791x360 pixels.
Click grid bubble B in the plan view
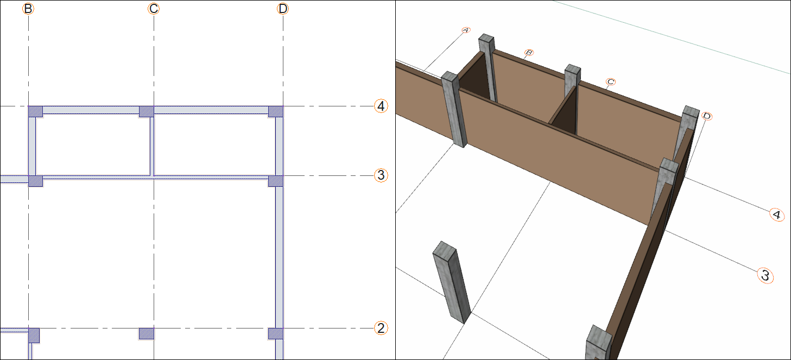point(28,9)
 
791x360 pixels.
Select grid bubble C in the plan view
point(154,9)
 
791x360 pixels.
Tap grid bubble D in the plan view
point(283,9)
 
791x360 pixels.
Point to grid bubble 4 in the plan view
point(381,106)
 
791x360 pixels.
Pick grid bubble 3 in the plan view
point(381,175)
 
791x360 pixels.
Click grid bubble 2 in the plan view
point(381,328)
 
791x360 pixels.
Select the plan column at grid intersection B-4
point(35,111)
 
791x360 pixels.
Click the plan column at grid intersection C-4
point(147,111)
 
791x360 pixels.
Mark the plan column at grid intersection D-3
point(276,181)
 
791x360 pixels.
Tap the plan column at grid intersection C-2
point(147,333)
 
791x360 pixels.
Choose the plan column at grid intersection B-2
point(34,335)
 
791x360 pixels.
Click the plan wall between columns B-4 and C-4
point(91,110)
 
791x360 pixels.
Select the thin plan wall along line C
point(152,146)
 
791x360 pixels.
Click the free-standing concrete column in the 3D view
point(452,282)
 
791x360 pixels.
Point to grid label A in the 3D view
point(466,30)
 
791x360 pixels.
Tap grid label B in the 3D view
point(529,53)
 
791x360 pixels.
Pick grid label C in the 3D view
point(611,82)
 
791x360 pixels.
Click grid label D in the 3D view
point(707,116)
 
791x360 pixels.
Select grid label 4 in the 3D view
point(776,214)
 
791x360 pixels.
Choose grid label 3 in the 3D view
point(765,275)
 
